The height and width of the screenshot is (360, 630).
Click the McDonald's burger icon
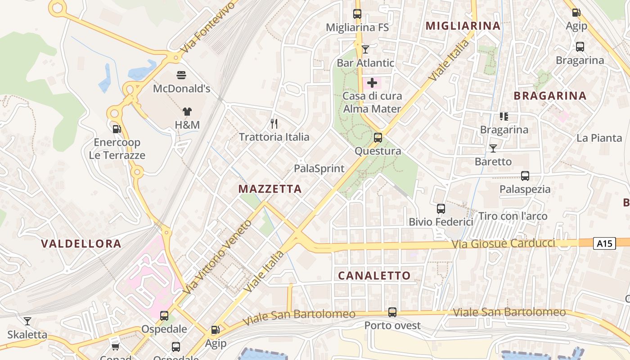point(181,75)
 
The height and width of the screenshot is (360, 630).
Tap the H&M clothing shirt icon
point(187,112)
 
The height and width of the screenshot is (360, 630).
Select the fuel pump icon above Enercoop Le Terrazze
point(117,129)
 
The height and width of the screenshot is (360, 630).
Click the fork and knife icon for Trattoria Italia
point(274,123)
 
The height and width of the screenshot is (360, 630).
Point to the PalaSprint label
point(319,169)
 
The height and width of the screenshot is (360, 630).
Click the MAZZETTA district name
point(270,189)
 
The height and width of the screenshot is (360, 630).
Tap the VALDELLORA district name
point(81,244)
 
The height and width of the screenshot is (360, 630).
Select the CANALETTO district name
point(374,276)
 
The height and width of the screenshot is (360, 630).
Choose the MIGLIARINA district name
point(463,26)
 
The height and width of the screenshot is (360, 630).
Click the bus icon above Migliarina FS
point(357,14)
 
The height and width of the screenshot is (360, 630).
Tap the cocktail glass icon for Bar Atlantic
point(365,49)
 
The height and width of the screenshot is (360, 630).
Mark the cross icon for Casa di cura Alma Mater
point(372,83)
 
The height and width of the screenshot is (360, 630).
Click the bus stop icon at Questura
point(378,138)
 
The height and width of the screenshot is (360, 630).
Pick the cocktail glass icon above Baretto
point(493,148)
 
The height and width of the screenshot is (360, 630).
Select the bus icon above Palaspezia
point(525,175)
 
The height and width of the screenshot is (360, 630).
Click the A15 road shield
point(604,243)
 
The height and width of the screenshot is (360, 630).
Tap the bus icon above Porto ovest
point(392,312)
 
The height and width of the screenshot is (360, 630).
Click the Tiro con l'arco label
point(513,216)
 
